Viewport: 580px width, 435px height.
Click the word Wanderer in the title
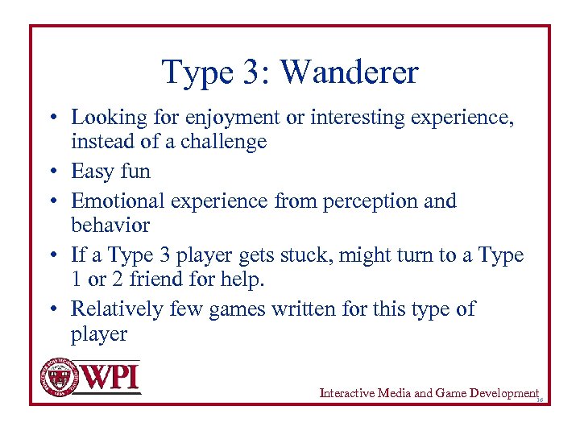coord(350,72)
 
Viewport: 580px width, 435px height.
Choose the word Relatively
coord(118,309)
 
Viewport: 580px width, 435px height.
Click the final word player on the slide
coord(99,334)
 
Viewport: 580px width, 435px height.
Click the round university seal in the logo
coord(58,376)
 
